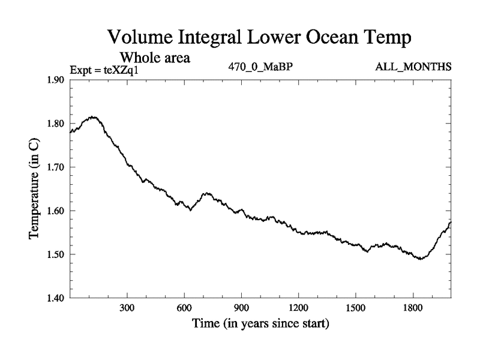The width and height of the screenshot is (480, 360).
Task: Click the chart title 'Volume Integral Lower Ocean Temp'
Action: (x=259, y=37)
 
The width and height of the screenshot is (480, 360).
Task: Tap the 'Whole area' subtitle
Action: (x=155, y=58)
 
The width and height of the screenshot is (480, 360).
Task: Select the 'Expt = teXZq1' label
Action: (x=109, y=70)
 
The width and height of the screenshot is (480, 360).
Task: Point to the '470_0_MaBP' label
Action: (x=260, y=67)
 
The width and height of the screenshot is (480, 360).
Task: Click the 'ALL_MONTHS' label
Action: (x=413, y=67)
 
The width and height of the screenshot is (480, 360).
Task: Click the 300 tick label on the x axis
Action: (x=127, y=308)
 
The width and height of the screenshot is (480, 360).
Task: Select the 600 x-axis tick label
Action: (x=184, y=308)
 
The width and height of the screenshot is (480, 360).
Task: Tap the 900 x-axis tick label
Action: (x=241, y=308)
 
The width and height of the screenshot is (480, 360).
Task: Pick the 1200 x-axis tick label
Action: (x=298, y=308)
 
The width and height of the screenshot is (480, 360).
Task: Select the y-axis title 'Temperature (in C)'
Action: (x=34, y=189)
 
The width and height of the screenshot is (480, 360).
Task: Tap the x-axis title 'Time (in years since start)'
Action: (x=260, y=325)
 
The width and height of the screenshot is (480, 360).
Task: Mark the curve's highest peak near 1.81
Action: (x=93, y=117)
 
